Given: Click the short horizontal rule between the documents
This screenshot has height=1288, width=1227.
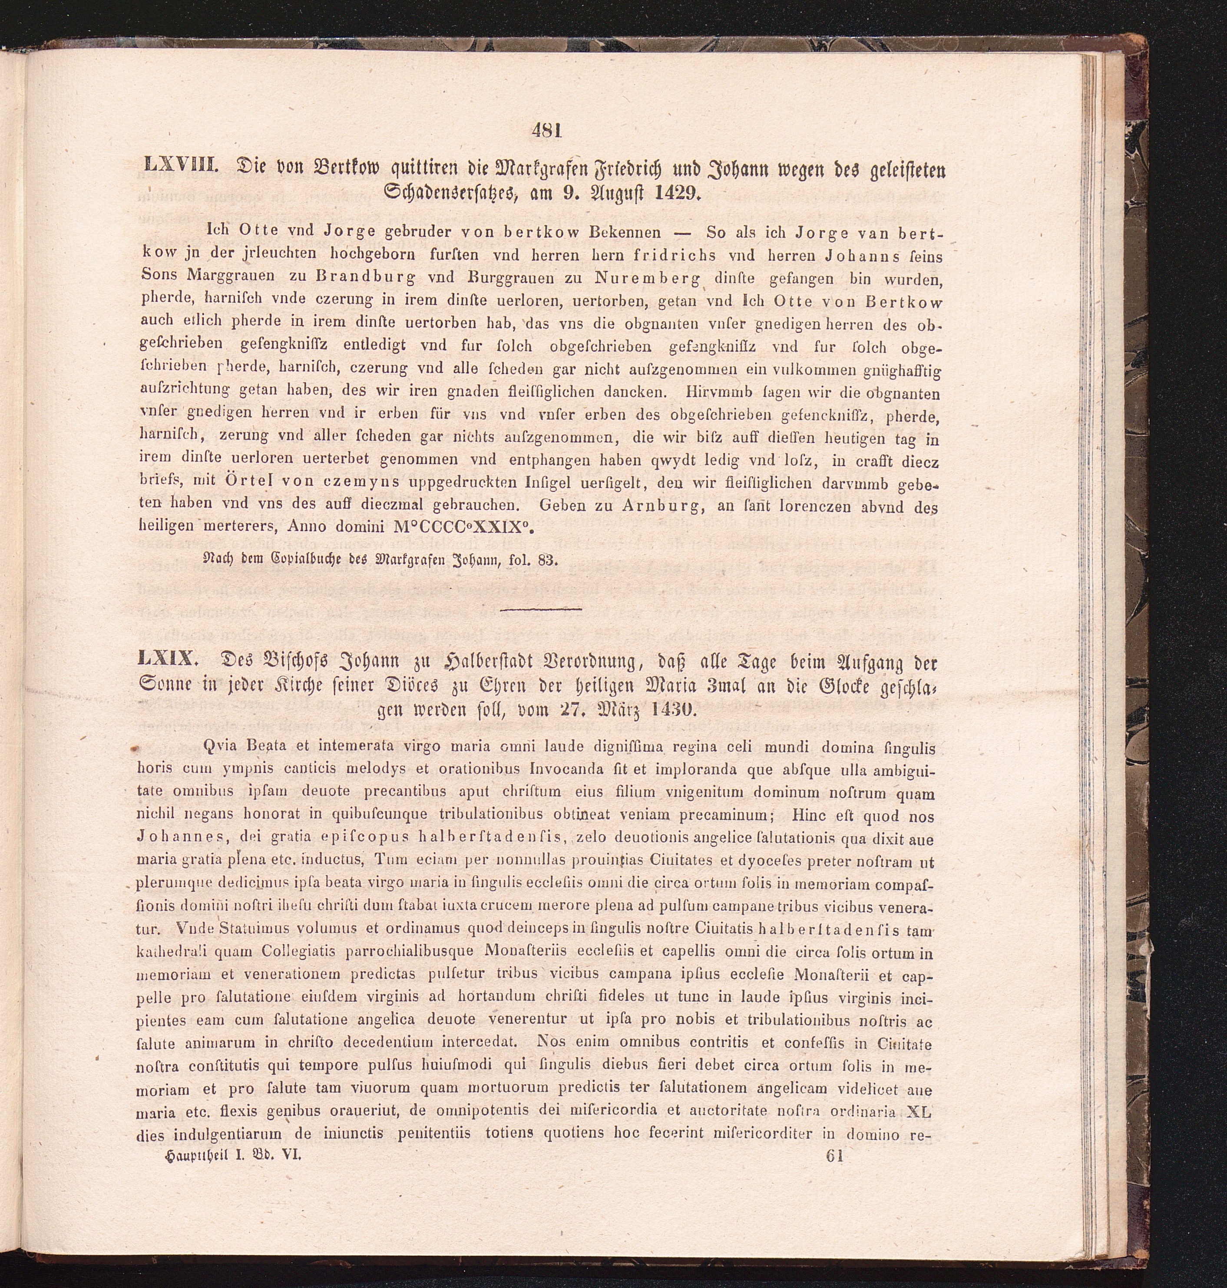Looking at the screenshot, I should (540, 609).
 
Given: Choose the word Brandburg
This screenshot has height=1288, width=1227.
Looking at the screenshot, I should (364, 277).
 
